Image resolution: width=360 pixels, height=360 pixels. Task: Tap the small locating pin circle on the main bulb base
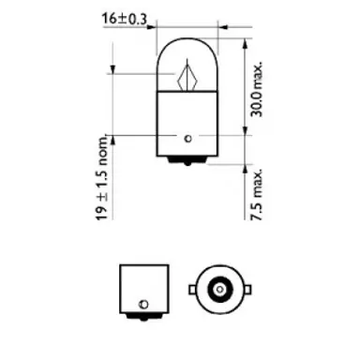[x=187, y=139]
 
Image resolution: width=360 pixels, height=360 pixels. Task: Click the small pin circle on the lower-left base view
[x=142, y=304]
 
